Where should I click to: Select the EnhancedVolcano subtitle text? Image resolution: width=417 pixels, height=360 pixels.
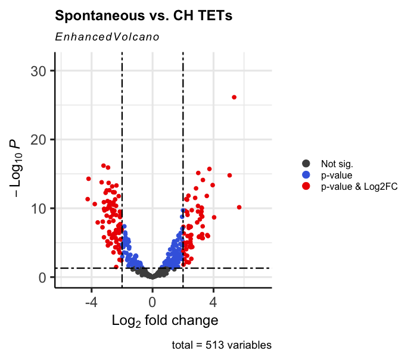[x=107, y=37]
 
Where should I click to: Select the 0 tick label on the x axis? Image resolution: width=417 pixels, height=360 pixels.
[x=152, y=300]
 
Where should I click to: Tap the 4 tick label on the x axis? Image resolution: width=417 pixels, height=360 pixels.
[x=213, y=300]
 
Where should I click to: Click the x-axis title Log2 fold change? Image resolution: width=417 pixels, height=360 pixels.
[x=164, y=321]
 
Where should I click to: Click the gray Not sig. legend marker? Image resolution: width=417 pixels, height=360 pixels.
[x=307, y=164]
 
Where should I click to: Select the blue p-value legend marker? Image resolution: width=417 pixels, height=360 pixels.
[x=307, y=175]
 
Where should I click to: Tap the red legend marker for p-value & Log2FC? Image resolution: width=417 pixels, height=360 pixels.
[x=307, y=186]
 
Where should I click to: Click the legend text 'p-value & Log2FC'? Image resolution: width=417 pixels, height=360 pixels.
[x=359, y=186]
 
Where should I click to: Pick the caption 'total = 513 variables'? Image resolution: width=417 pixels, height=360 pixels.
[x=221, y=345]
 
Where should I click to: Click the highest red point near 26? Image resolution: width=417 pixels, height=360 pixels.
[x=234, y=97]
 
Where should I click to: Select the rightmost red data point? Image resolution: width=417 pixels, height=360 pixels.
[x=239, y=207]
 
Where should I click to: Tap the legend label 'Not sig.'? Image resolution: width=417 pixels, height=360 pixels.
[x=336, y=164]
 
